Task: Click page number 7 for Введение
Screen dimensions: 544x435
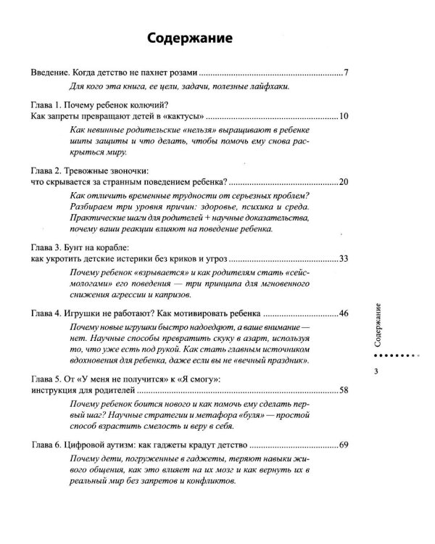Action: tap(347, 74)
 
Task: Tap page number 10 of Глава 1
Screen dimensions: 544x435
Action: tap(344, 116)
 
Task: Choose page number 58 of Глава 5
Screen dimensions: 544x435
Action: tap(344, 391)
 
